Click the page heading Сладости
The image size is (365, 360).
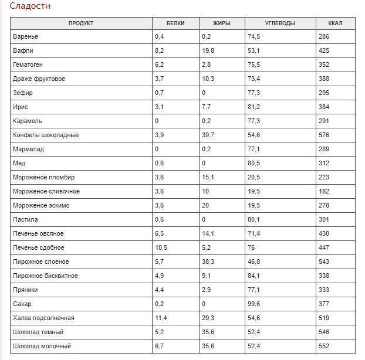(x=30, y=6)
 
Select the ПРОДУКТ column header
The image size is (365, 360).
(x=81, y=23)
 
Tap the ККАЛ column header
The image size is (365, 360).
(x=335, y=23)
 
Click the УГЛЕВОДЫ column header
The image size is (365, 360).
(x=280, y=23)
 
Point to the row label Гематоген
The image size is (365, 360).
(x=28, y=64)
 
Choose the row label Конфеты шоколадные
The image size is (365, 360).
(x=46, y=135)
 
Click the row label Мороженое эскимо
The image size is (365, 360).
(x=41, y=205)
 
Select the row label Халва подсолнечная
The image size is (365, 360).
(x=43, y=318)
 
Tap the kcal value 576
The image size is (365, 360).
(x=324, y=135)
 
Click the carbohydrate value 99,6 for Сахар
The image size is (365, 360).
(x=254, y=304)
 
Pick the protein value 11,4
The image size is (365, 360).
(x=161, y=318)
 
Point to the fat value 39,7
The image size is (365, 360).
(x=208, y=135)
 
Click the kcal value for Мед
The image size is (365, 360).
(x=324, y=163)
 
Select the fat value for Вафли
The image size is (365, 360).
(x=208, y=50)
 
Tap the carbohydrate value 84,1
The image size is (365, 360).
(x=254, y=276)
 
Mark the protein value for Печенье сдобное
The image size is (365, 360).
(x=161, y=247)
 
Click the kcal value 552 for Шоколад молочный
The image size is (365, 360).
(x=324, y=346)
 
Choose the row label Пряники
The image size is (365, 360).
(x=25, y=290)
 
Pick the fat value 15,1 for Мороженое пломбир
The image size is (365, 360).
(x=208, y=177)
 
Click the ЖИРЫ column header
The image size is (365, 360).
(x=222, y=23)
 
